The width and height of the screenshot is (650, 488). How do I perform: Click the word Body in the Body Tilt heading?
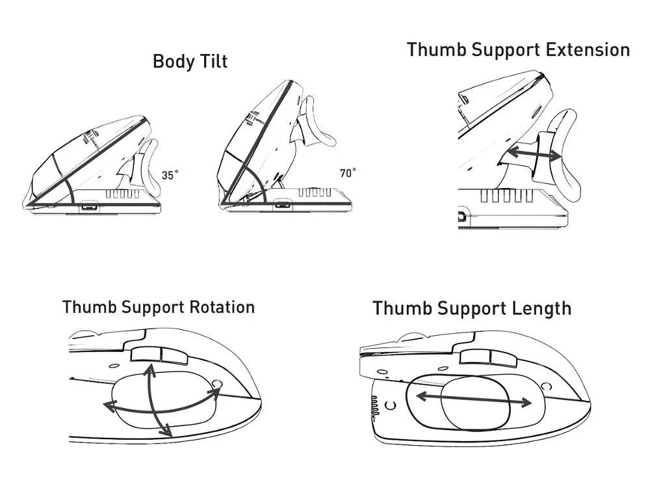174,61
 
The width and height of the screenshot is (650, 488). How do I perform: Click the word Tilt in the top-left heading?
214,61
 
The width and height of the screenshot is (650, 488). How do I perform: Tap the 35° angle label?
170,175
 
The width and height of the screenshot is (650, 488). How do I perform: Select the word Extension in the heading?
588,50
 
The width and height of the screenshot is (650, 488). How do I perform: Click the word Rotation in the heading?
222,308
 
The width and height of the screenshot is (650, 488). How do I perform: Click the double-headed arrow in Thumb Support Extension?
534,154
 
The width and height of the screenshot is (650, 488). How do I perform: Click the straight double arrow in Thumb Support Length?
473,399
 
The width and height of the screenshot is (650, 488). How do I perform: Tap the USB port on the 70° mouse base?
283,204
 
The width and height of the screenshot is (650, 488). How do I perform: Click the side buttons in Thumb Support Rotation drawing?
159,355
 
